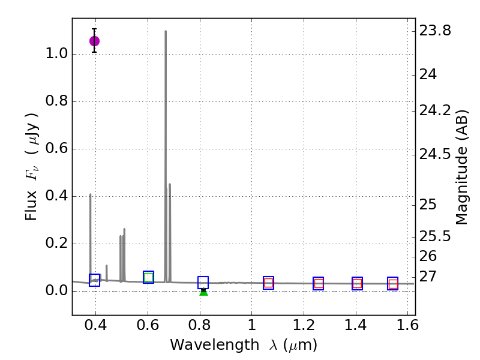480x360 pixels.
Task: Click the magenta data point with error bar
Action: click(94, 41)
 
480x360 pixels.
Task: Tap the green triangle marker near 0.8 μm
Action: click(203, 292)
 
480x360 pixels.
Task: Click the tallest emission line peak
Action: click(166, 31)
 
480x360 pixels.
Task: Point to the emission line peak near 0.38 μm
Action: click(91, 194)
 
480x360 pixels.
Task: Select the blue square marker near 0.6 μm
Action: click(149, 277)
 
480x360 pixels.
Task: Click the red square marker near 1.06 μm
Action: click(268, 283)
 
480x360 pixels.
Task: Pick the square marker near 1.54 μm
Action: click(393, 284)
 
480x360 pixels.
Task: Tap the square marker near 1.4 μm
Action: click(357, 284)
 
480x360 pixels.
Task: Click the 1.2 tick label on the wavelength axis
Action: click(304, 328)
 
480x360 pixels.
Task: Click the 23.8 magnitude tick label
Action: click(436, 31)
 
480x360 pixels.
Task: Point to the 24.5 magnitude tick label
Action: click(436, 155)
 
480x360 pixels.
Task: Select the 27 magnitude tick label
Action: click(428, 277)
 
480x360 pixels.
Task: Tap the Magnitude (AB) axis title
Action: click(462, 167)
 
